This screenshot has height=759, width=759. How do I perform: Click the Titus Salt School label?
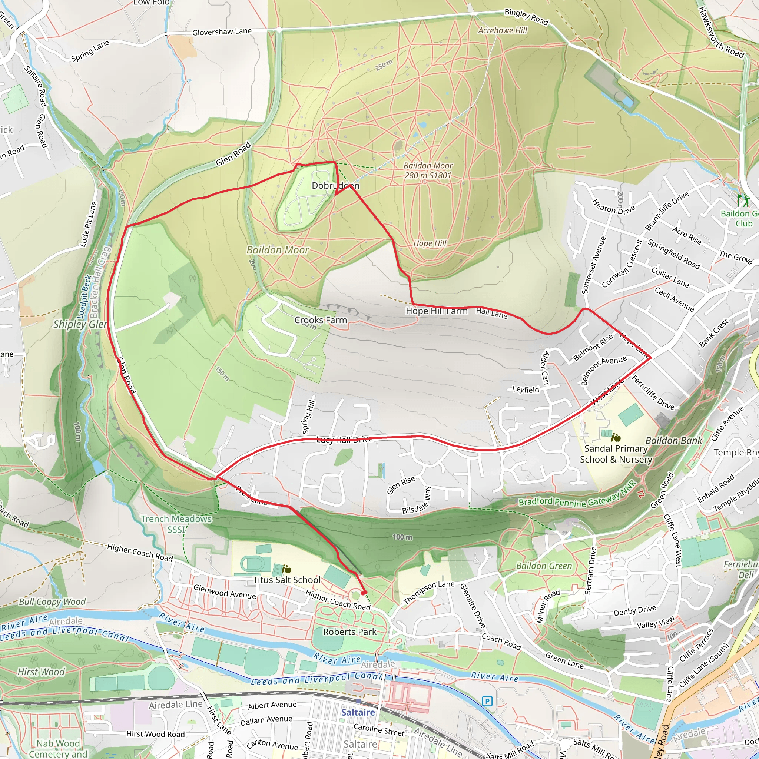287,580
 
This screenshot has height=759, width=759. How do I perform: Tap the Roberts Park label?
349,632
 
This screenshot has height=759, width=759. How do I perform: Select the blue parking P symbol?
487,701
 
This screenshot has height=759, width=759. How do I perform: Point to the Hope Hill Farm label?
437,311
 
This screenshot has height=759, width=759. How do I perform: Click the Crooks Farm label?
321,320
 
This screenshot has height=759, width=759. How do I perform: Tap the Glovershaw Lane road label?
222,32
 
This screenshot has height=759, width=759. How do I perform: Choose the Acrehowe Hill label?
503,30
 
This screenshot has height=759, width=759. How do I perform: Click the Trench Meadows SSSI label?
176,524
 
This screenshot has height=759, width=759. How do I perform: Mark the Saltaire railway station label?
358,712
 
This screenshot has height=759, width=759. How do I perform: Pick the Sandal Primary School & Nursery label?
616,454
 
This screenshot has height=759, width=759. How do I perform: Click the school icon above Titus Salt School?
287,569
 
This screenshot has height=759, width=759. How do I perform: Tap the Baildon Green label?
544,566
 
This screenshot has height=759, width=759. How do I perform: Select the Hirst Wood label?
41,672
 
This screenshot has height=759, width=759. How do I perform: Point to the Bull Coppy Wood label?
52,602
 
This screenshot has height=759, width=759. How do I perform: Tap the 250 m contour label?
384,65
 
